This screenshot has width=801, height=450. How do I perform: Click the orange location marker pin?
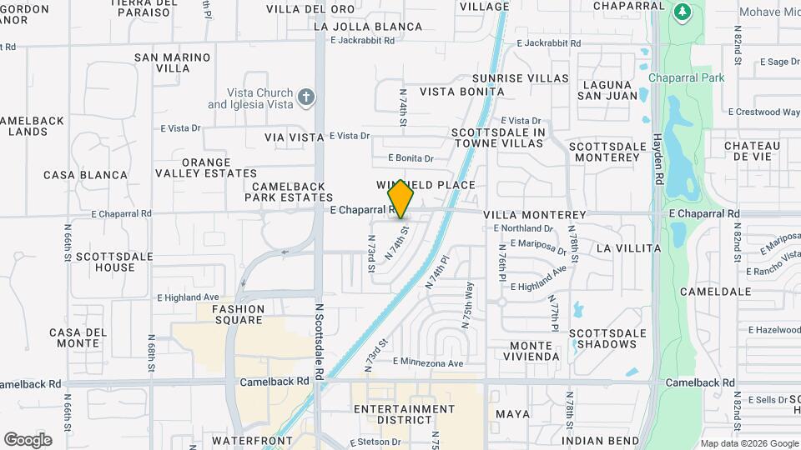click(401, 199)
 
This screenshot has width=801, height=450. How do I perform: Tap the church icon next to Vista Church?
click(306, 98)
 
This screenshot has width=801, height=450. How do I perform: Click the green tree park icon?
click(683, 12)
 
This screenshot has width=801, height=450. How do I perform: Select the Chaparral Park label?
click(689, 77)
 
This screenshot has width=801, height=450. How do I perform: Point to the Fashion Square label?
click(238, 314)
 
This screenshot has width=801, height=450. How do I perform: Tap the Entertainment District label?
click(404, 415)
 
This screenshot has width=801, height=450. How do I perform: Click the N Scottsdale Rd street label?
click(319, 342)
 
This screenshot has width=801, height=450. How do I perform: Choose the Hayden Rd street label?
click(657, 158)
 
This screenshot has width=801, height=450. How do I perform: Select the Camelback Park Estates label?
click(289, 192)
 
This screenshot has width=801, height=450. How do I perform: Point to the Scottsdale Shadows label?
click(607, 338)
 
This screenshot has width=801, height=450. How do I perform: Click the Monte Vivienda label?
click(531, 351)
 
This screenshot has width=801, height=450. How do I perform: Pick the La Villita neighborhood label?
click(629, 248)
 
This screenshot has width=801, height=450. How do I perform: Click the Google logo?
click(28, 440)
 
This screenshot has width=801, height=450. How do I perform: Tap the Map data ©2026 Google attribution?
click(748, 443)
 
